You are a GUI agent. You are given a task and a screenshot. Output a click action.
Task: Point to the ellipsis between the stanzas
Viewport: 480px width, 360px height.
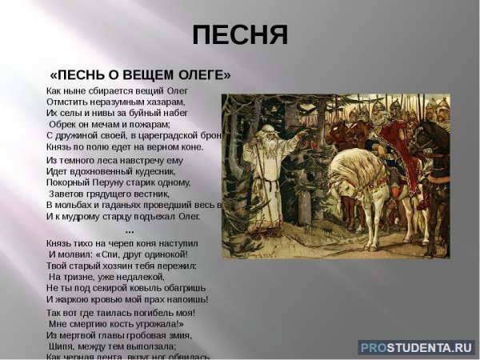[130, 230]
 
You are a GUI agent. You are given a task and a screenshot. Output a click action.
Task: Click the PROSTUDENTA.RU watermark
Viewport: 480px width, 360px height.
[417, 347]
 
